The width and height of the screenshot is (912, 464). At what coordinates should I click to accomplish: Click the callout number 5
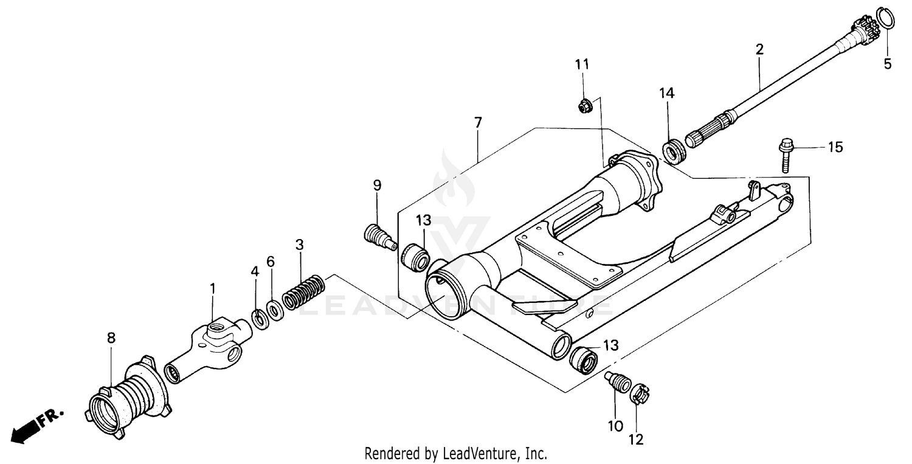coord(887,64)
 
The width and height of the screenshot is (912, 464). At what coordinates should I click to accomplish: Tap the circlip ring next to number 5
coord(885,18)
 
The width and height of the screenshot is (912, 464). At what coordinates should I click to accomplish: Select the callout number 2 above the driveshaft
coord(759,50)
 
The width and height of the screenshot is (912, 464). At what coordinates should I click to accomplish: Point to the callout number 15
coord(835,147)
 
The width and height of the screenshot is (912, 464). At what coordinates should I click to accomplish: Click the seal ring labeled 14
coord(674,151)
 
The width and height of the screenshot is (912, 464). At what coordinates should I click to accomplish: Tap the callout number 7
coord(478,122)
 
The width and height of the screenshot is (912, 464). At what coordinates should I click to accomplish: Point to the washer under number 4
coord(258,317)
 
